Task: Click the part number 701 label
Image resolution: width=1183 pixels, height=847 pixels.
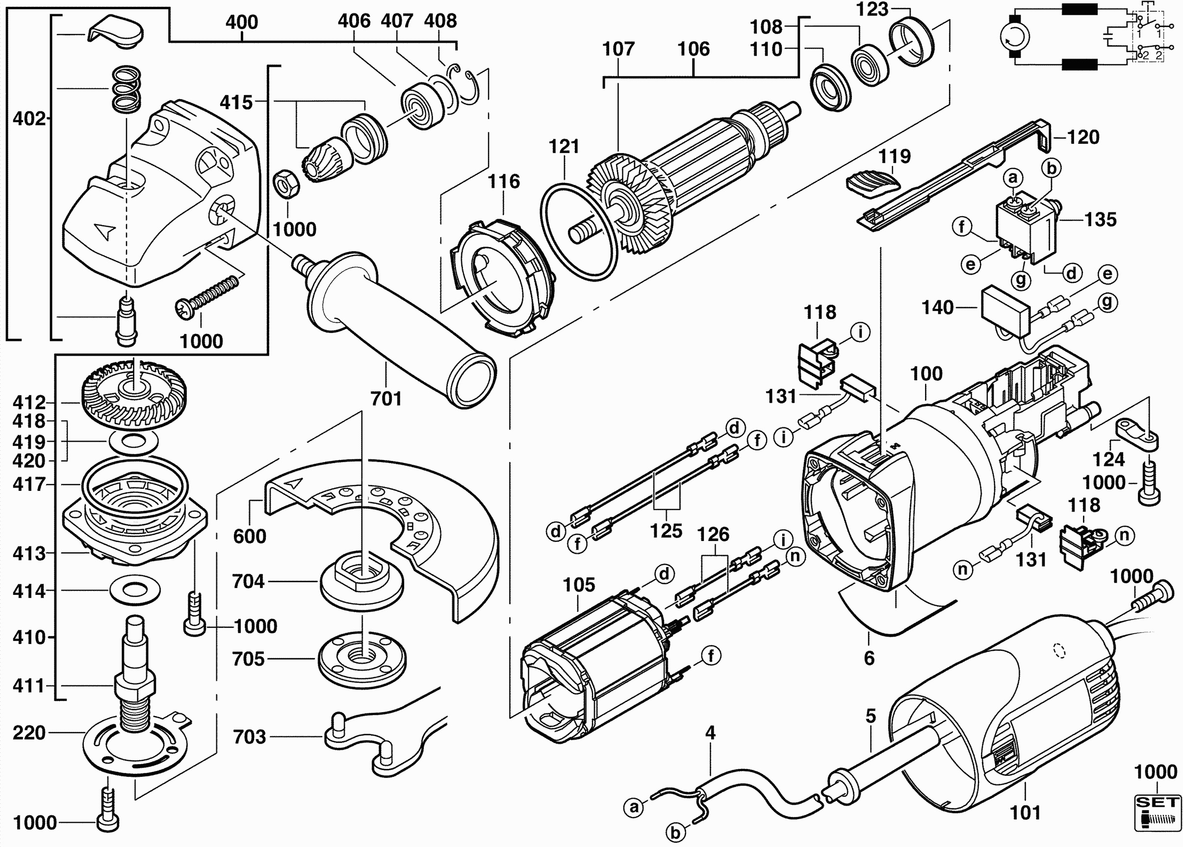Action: click(386, 399)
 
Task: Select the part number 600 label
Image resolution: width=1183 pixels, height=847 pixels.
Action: click(249, 536)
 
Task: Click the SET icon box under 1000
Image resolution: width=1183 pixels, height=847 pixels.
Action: click(1157, 812)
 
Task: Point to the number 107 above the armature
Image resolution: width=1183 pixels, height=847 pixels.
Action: click(618, 49)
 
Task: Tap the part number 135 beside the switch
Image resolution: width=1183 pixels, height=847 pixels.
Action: click(1101, 220)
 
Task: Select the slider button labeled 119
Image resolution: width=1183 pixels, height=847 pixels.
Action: click(874, 185)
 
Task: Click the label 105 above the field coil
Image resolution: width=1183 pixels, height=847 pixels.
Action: click(578, 585)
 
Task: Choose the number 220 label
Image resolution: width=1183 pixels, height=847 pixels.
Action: click(29, 733)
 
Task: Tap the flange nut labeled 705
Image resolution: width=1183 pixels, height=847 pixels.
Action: click(361, 659)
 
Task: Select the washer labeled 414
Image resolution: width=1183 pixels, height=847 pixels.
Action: click(135, 590)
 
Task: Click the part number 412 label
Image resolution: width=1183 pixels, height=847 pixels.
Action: click(29, 403)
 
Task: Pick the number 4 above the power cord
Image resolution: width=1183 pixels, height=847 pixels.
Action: click(710, 733)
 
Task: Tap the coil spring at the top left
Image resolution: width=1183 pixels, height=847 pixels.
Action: click(127, 89)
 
